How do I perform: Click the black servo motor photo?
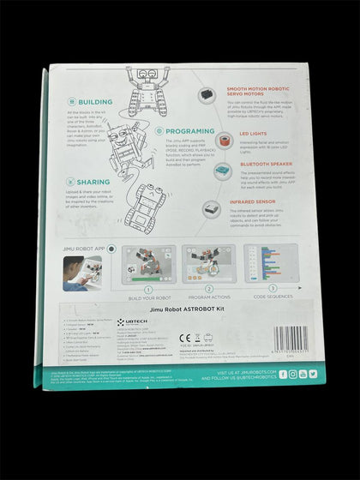208,96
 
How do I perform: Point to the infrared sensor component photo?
210,206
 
